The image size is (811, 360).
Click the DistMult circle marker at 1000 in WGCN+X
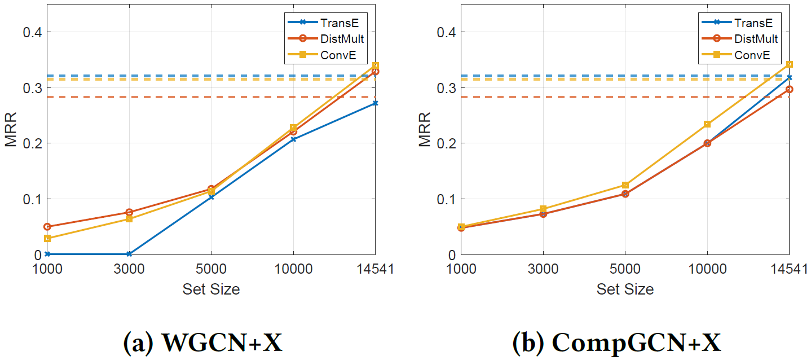pos(47,226)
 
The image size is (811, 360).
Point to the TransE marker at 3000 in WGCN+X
pos(129,254)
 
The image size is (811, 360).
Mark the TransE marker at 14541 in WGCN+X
pos(375,103)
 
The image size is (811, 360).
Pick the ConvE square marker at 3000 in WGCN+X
pos(129,219)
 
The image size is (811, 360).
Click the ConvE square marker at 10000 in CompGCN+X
pos(707,124)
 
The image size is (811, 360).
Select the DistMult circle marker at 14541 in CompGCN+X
pos(789,89)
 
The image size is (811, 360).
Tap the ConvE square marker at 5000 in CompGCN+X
pos(625,185)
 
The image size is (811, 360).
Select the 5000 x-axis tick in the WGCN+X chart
pos(211,269)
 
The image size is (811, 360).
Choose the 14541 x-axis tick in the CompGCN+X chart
pos(789,269)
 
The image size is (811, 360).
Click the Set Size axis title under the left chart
pos(211,289)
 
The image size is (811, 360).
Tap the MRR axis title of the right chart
pos(424,130)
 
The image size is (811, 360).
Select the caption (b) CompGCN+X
pos(616,341)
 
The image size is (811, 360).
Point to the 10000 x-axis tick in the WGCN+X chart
pos(293,269)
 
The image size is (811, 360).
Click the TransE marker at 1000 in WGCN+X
pos(47,254)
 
